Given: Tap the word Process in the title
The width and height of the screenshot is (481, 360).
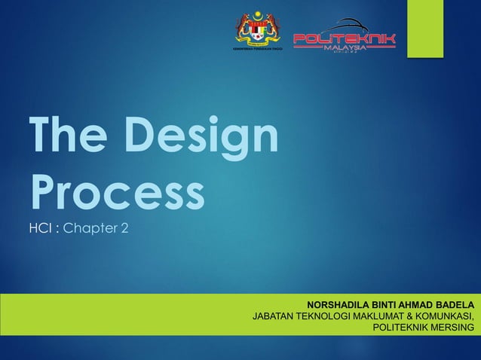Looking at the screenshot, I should (x=117, y=192).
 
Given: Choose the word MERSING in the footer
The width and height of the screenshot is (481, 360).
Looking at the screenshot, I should (x=454, y=328).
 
